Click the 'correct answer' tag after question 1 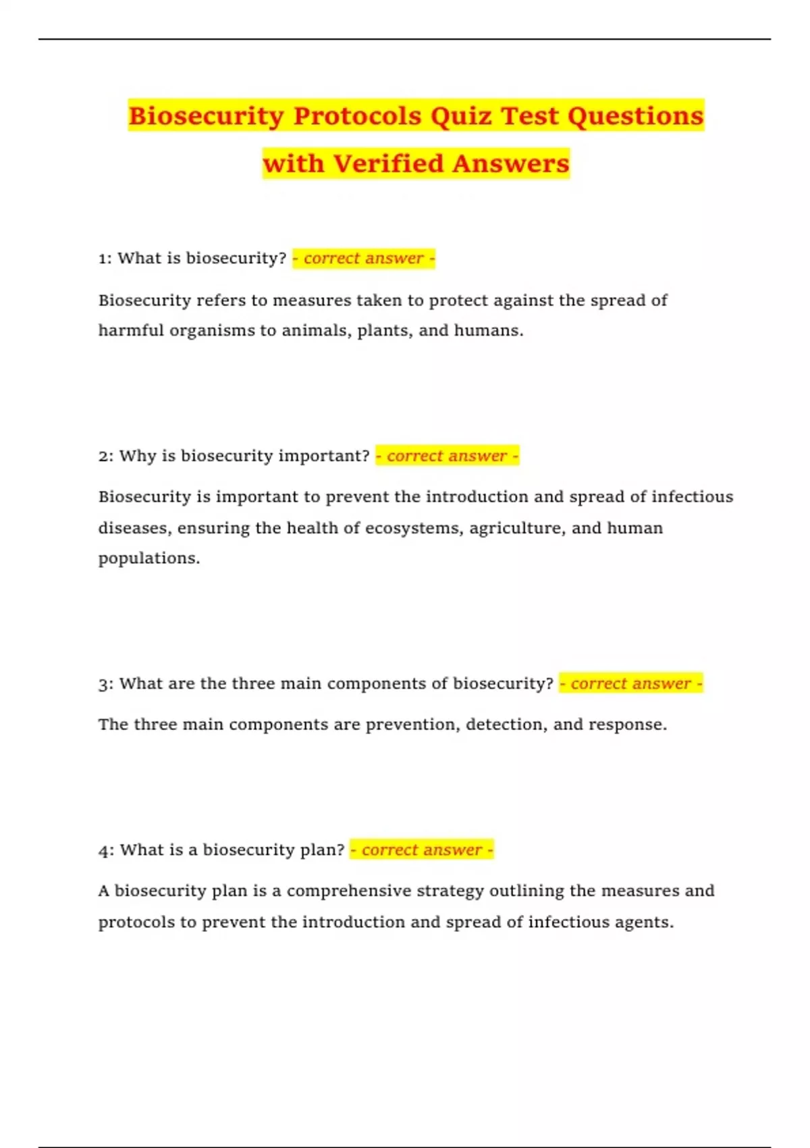pyautogui.click(x=364, y=259)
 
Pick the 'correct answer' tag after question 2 pyautogui.click(x=447, y=456)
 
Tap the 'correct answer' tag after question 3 pyautogui.click(x=631, y=684)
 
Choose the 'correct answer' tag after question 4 pyautogui.click(x=422, y=850)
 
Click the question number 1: pyautogui.click(x=105, y=259)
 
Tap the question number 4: pyautogui.click(x=106, y=850)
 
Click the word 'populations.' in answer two pyautogui.click(x=149, y=558)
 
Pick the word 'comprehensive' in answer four pyautogui.click(x=348, y=891)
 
